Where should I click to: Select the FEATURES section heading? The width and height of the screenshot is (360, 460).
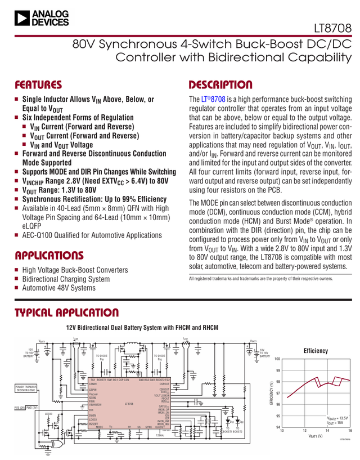(x=38, y=86)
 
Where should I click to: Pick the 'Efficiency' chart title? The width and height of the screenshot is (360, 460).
(x=315, y=351)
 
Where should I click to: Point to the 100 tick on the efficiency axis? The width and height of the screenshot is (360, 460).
(x=277, y=359)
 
